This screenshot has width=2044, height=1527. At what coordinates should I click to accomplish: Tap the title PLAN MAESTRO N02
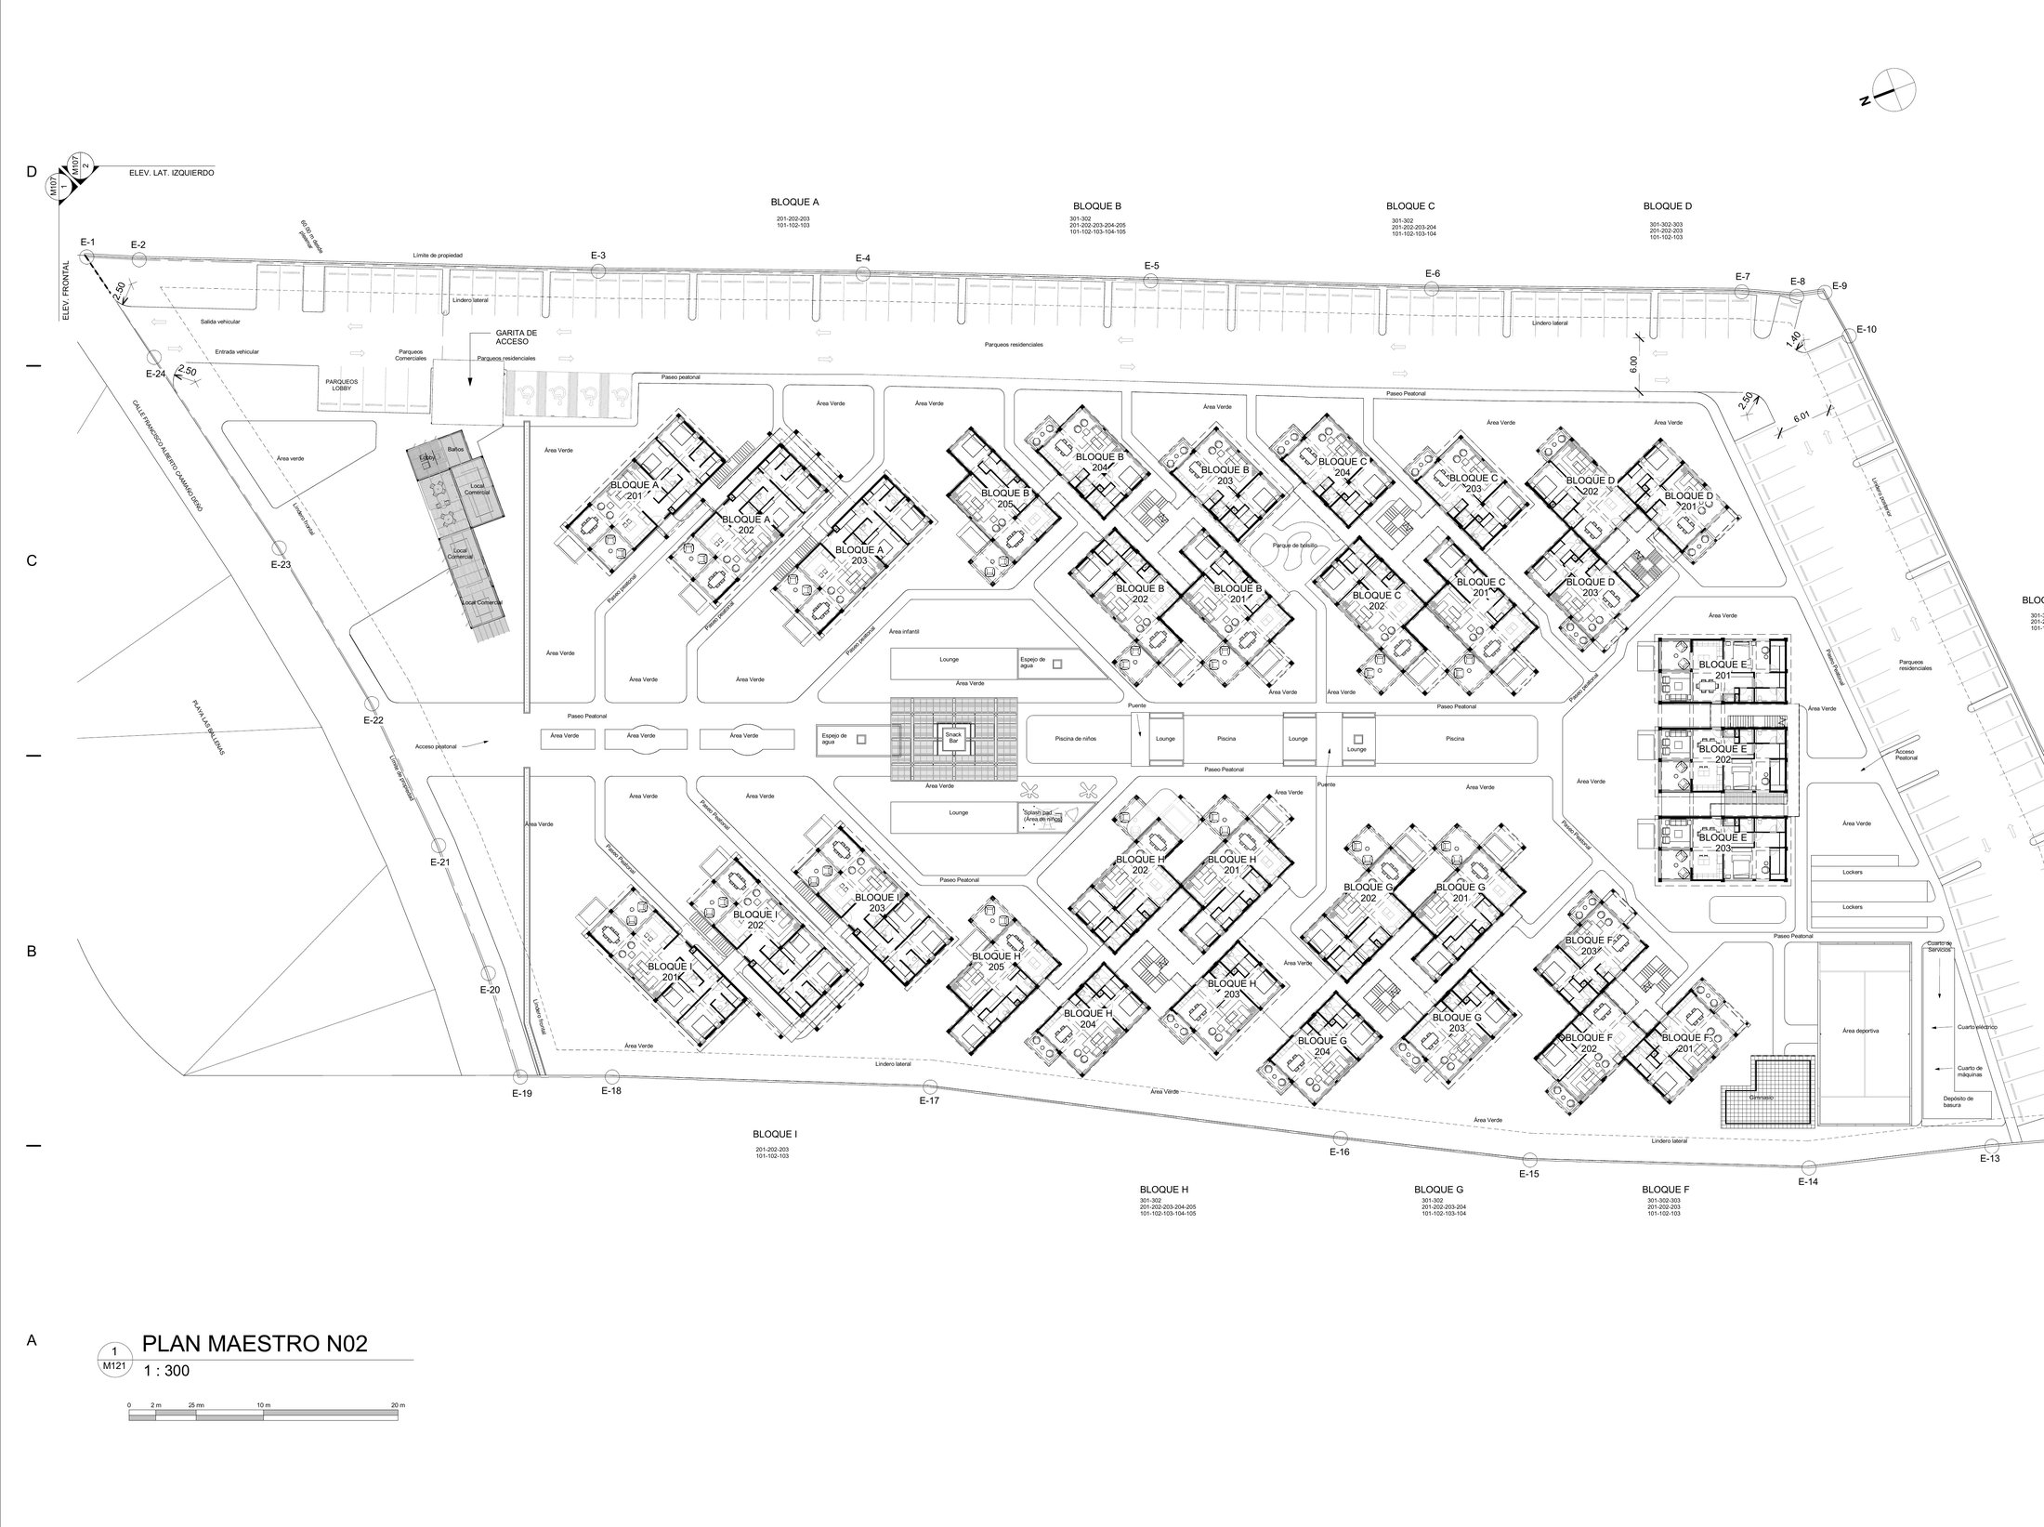click(255, 1344)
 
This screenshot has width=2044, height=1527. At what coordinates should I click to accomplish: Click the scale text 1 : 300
click(168, 1370)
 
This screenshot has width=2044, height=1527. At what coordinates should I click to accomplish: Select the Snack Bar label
click(953, 738)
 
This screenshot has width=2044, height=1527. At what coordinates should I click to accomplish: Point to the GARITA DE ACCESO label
click(516, 336)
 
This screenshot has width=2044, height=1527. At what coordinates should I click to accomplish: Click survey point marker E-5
click(1151, 281)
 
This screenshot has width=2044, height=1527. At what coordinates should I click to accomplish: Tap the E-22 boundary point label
click(373, 720)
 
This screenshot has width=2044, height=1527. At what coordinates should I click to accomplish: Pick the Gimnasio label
click(1761, 1098)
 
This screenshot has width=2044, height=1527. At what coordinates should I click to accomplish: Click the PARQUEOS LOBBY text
click(342, 384)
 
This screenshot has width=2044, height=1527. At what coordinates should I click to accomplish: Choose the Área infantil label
click(903, 631)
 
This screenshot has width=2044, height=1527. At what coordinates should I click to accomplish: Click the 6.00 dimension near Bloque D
click(1633, 365)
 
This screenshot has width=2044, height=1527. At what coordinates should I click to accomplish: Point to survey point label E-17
click(929, 1101)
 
